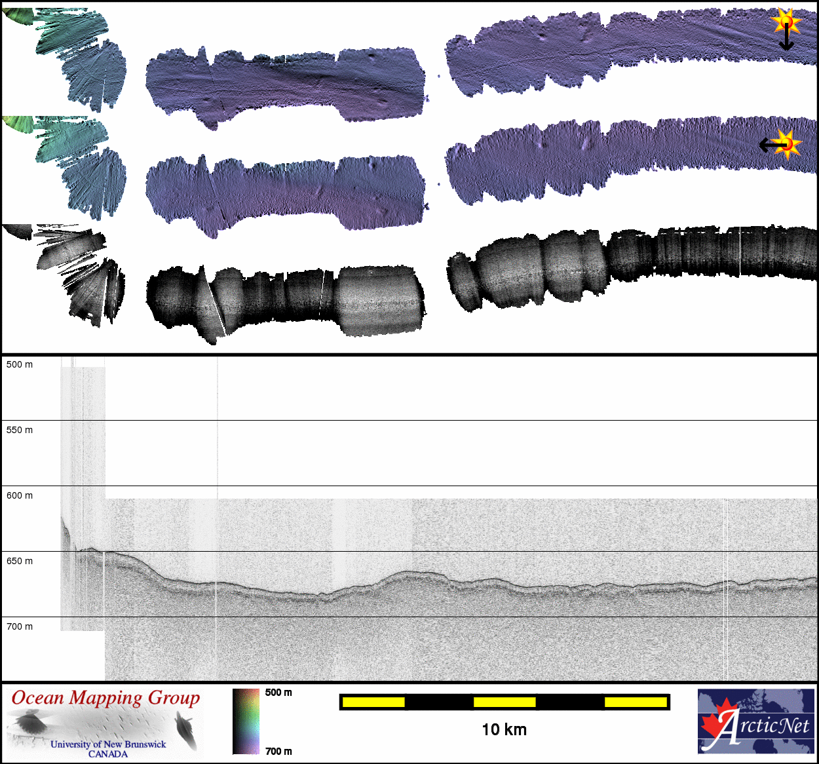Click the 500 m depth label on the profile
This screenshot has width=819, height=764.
[20, 364]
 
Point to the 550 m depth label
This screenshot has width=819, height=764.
[20, 430]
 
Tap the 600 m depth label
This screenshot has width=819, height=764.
[20, 495]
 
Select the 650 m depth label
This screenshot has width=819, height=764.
[20, 561]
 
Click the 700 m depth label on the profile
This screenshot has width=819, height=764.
[20, 626]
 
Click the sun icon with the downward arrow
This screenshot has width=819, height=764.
[786, 28]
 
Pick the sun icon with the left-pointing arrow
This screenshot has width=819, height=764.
[780, 144]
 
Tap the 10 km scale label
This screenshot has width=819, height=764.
[505, 730]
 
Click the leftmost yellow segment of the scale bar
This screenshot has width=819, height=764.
[373, 702]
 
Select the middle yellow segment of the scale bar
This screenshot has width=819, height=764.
[505, 702]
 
